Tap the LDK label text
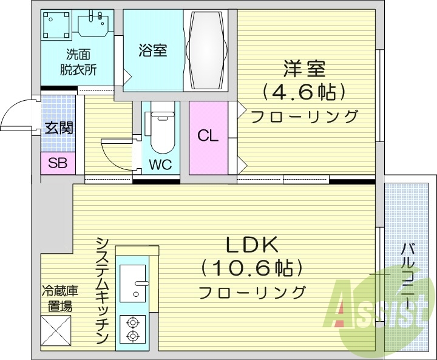point(252,245)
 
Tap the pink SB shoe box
point(58,163)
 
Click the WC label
point(160,165)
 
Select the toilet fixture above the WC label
point(161,129)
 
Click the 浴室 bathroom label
point(152,50)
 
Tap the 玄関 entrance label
point(58,128)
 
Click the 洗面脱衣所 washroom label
point(78,61)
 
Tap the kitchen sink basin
point(132,282)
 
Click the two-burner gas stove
point(132,330)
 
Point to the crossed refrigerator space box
point(56,333)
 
